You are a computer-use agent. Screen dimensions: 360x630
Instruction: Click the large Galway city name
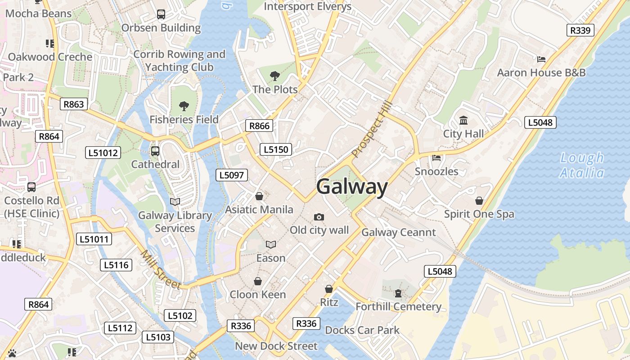[x=352, y=187]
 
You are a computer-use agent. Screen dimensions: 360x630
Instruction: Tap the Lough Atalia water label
[x=582, y=165]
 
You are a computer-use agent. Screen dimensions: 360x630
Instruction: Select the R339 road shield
[x=580, y=30]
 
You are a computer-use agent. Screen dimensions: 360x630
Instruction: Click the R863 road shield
[x=73, y=104]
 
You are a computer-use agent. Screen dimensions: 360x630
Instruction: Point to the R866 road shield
[x=259, y=126]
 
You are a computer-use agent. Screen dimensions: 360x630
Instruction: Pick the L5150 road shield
[x=275, y=149]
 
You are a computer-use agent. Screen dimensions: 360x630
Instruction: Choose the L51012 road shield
[x=103, y=153]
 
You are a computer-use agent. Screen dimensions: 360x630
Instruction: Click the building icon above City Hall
[x=463, y=120]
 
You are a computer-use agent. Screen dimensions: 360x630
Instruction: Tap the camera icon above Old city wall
[x=319, y=217]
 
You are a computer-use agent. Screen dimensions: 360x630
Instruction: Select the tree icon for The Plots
[x=274, y=76]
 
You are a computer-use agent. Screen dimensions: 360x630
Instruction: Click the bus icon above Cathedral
[x=155, y=151]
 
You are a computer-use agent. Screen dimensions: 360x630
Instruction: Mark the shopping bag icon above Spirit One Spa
[x=479, y=201]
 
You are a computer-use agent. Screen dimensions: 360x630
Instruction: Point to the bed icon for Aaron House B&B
[x=541, y=59]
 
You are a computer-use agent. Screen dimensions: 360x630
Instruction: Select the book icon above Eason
[x=270, y=245]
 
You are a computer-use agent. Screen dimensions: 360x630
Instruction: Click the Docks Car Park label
[x=362, y=330]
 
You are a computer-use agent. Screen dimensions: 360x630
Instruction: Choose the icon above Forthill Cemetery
[x=398, y=293]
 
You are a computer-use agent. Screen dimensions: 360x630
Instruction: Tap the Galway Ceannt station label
[x=399, y=232]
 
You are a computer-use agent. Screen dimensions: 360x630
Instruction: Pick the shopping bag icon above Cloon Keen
[x=258, y=281]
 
